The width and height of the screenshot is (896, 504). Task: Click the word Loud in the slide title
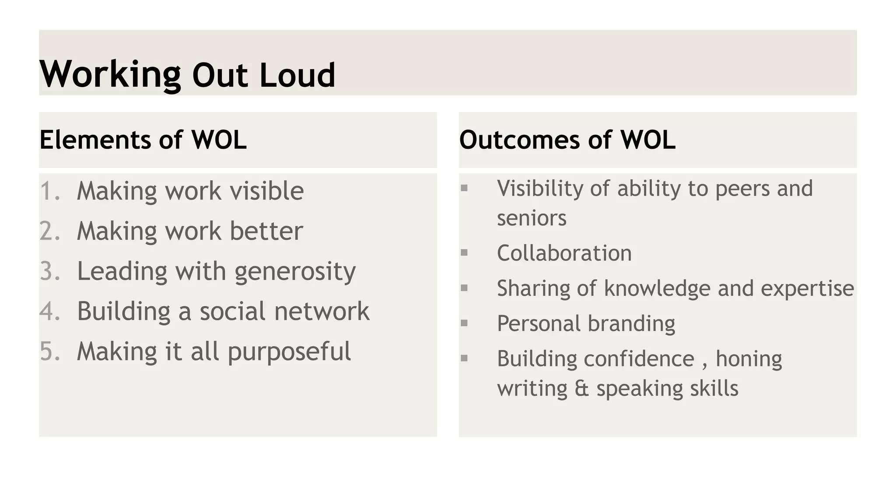coord(297,75)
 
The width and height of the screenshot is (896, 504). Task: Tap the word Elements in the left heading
coord(94,140)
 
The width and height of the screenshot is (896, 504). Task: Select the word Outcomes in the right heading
coord(519,140)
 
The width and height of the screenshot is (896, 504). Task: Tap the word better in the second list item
coord(266,231)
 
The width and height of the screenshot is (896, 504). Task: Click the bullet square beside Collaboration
coord(464,252)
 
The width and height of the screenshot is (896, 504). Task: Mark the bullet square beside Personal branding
coord(464,323)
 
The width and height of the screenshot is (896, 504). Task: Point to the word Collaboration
coord(564,253)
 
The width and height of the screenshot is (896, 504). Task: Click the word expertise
coord(807,289)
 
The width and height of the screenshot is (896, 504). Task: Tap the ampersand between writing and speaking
coord(581,388)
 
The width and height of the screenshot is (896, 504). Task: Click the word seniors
coord(532,218)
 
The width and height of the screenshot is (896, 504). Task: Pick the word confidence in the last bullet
coord(639,359)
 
